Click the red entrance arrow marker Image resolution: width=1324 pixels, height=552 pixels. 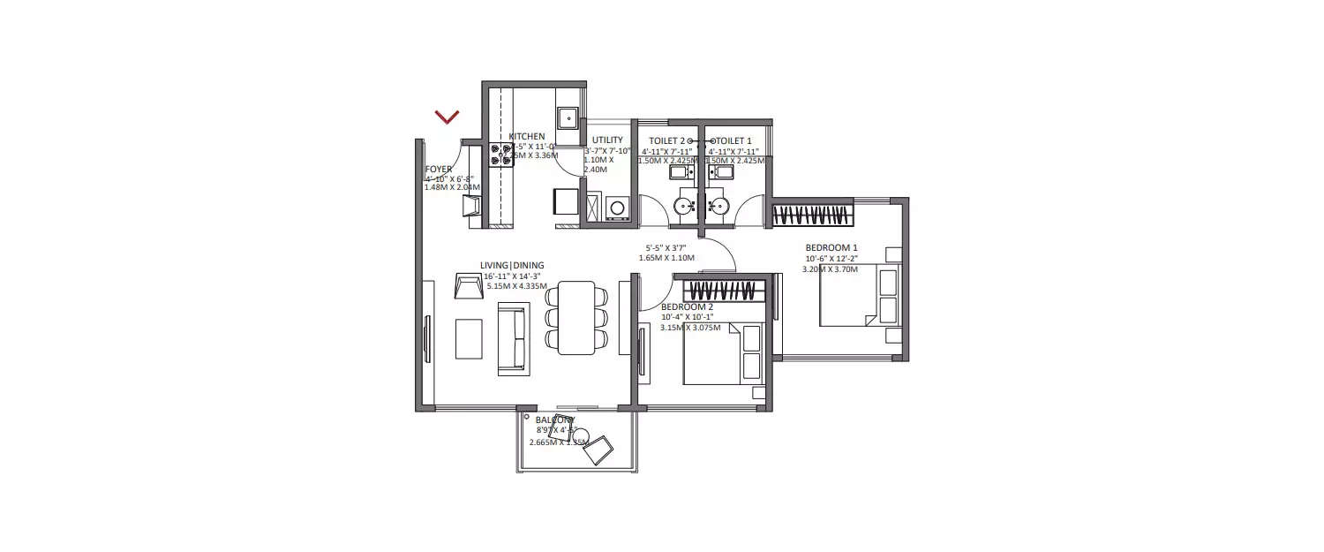[448, 117]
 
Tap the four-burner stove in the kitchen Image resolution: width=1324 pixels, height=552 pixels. [500, 154]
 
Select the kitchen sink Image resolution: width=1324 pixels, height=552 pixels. [567, 117]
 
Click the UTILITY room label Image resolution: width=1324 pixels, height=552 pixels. [607, 140]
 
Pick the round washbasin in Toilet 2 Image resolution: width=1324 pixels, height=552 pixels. [684, 206]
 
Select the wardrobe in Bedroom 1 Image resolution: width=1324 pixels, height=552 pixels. [813, 215]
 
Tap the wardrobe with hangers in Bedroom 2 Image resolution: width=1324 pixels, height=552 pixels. [723, 289]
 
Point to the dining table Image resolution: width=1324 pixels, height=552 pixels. [577, 317]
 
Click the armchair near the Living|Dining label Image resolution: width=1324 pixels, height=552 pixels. [469, 286]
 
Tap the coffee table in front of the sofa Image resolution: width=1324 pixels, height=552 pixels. [469, 338]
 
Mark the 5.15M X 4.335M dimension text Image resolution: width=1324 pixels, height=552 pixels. [516, 286]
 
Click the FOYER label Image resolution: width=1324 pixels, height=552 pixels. [439, 169]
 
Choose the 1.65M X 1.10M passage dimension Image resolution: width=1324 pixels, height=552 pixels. [666, 258]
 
